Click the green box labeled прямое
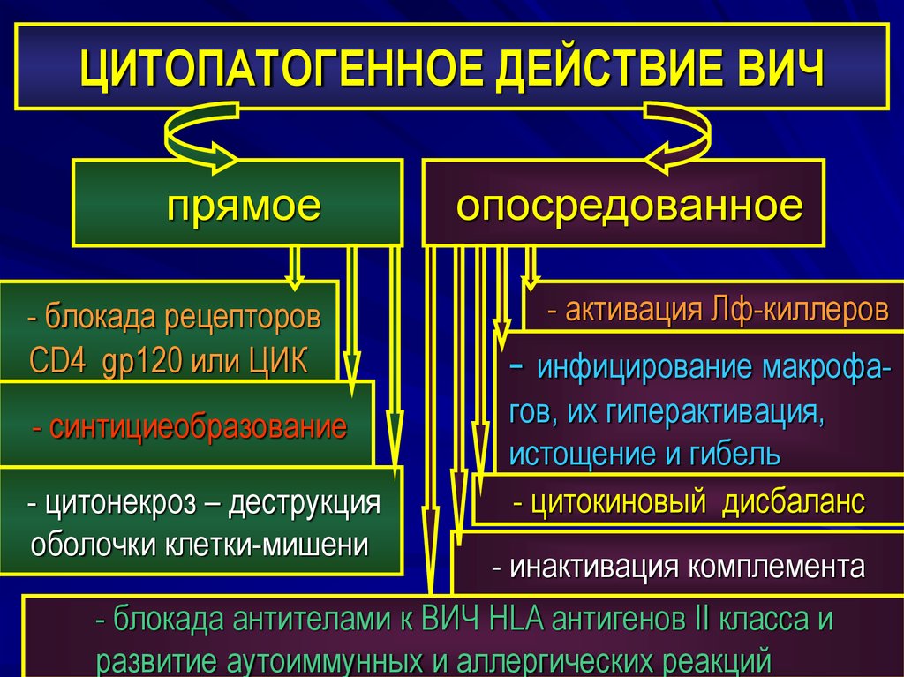click(x=237, y=203)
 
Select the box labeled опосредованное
click(x=623, y=203)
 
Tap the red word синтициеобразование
click(x=199, y=428)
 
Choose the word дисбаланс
click(x=795, y=503)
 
